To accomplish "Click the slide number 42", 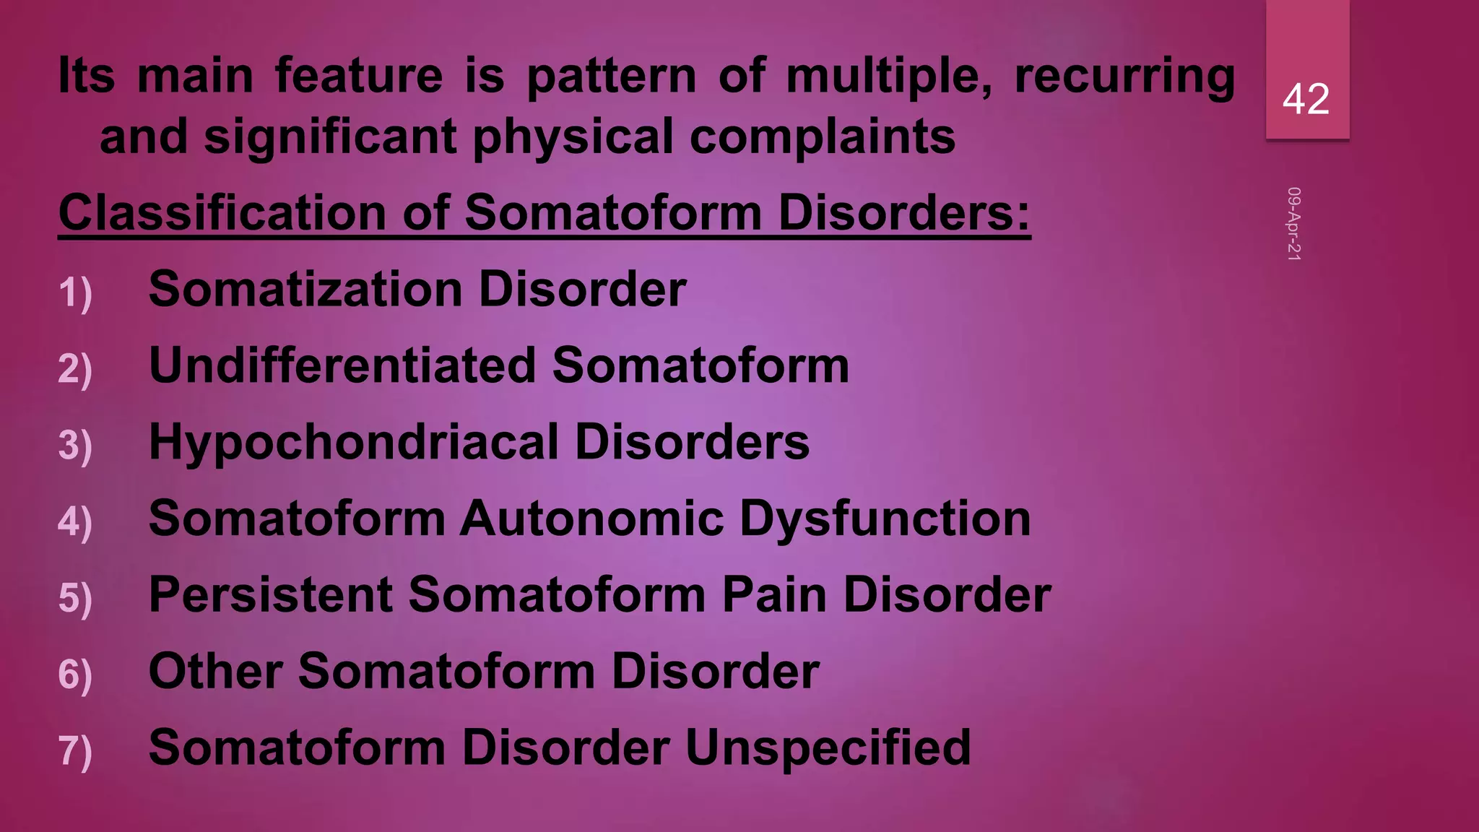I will coord(1306,99).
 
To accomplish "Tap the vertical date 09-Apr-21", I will coord(1293,224).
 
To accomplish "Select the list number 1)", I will coord(75,293).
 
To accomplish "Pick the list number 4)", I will coord(75,521).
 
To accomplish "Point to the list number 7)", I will coord(75,750).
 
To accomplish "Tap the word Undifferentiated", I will coord(342,365).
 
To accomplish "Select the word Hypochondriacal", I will coord(354,443).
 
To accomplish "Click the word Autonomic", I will coord(591,519).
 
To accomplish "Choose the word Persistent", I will coord(271,595).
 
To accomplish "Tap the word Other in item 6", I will coord(215,671).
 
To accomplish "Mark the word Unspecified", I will coord(828,747).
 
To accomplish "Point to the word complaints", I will coord(823,137).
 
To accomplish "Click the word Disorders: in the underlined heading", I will coord(904,213).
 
